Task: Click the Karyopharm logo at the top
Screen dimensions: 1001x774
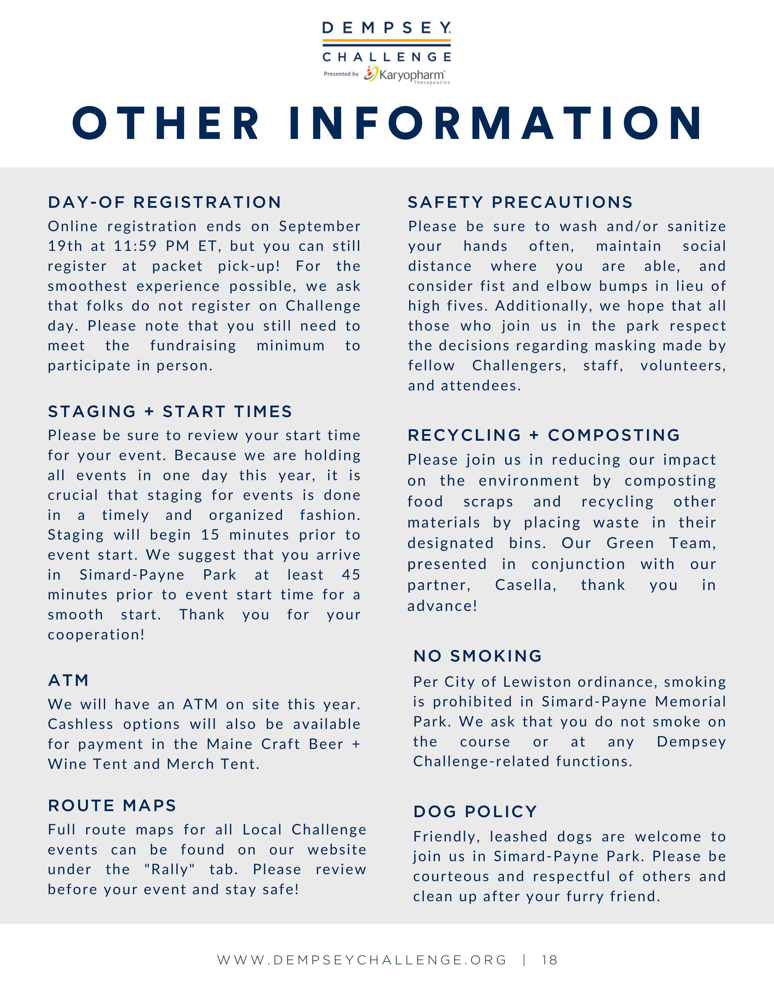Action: [x=406, y=75]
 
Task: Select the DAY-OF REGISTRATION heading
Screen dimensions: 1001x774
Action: [x=165, y=202]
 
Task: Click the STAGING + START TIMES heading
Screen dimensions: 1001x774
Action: [x=170, y=412]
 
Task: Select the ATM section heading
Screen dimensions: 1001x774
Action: [x=68, y=680]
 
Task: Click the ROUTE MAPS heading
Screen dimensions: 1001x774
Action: [x=112, y=805]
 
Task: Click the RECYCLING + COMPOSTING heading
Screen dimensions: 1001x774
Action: [x=544, y=435]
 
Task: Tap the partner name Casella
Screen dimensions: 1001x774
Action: [x=525, y=585]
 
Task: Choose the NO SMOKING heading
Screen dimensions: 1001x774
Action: [x=478, y=656]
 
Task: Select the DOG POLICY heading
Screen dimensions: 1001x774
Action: [x=475, y=812]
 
